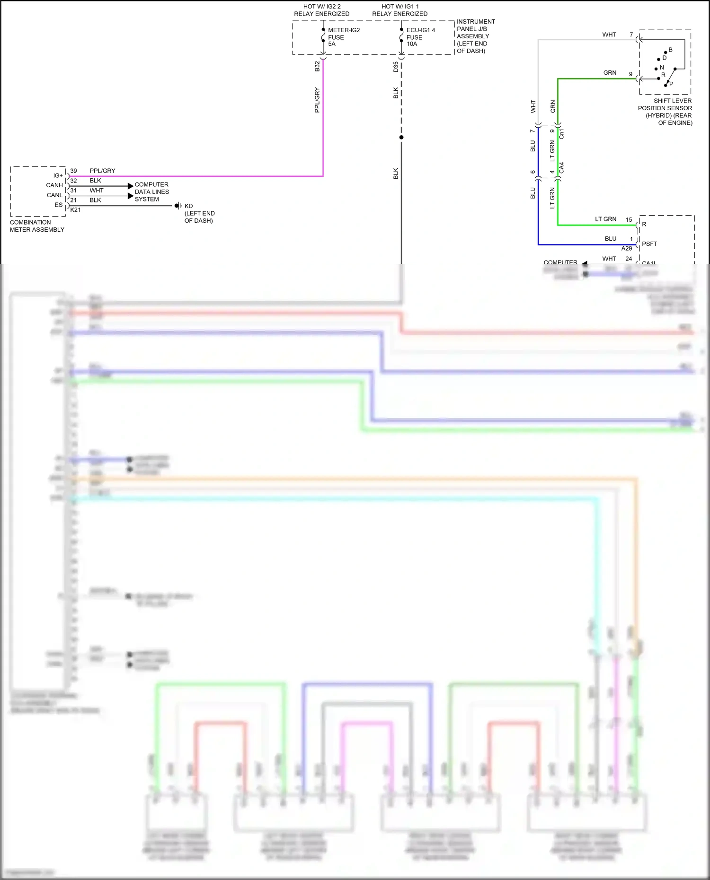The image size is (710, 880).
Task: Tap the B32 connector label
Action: [317, 66]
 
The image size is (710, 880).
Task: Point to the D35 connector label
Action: [396, 67]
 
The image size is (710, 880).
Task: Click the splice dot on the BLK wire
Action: [401, 138]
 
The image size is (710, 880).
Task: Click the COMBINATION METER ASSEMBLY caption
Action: [37, 226]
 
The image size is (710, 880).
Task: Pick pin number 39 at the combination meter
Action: [73, 171]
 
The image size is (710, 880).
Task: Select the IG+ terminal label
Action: [58, 175]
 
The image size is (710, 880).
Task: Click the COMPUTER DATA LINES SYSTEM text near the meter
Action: [151, 192]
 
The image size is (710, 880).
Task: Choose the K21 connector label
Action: [75, 210]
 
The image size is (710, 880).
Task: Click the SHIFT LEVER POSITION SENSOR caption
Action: [665, 112]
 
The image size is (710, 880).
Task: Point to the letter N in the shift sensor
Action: [662, 68]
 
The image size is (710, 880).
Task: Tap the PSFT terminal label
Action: [649, 244]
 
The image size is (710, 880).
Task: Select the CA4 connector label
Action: [561, 167]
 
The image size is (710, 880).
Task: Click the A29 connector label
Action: [626, 249]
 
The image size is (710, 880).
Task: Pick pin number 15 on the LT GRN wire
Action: [629, 219]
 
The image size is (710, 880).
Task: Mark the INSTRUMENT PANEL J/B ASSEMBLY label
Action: [475, 36]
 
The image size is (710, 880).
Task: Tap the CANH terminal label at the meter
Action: [54, 185]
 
